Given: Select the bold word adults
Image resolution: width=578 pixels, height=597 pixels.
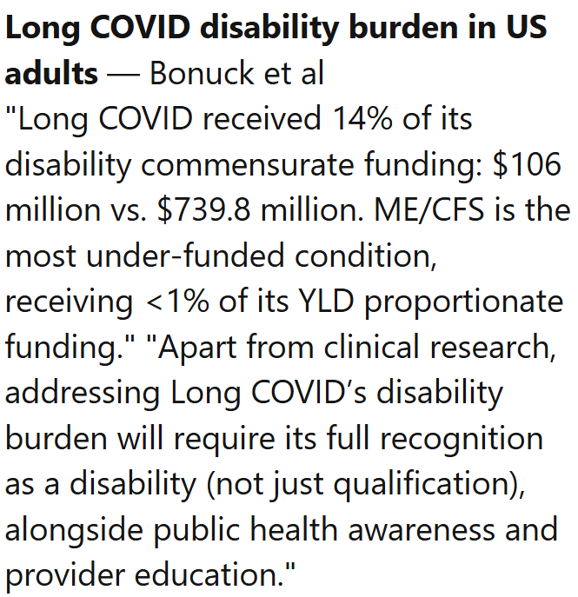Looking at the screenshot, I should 51,74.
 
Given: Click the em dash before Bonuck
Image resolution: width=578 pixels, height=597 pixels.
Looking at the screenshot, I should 124,74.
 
